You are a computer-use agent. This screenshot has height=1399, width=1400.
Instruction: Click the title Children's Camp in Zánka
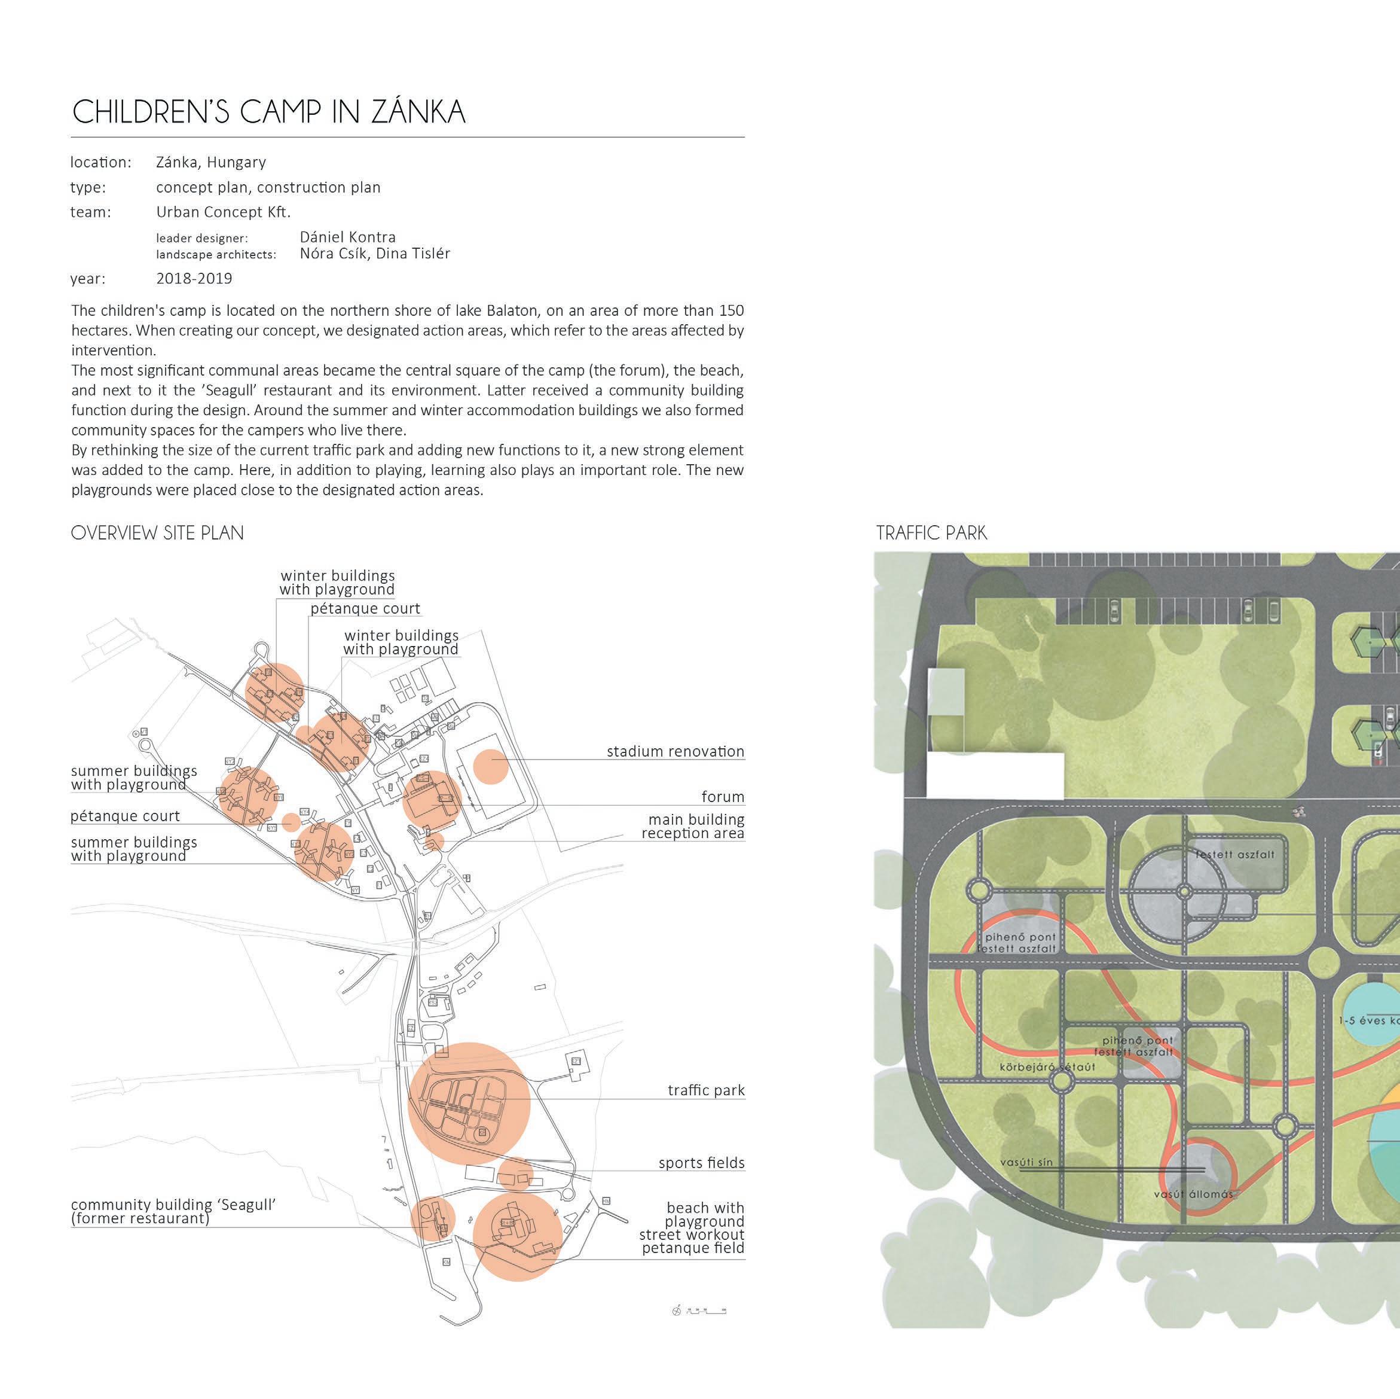[x=269, y=112]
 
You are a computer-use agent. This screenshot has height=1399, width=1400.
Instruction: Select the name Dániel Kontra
[x=348, y=237]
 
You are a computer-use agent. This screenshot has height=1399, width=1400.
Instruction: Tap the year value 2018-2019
[x=194, y=278]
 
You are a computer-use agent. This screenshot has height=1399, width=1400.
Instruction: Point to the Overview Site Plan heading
[x=157, y=533]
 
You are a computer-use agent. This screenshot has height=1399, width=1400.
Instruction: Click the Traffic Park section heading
[x=931, y=533]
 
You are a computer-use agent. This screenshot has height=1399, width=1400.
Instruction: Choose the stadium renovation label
[x=675, y=751]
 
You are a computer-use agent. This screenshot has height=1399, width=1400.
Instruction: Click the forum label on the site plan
[x=723, y=797]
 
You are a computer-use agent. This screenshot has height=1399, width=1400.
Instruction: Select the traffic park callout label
[x=706, y=1090]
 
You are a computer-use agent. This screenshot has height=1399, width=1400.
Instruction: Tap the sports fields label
[x=701, y=1163]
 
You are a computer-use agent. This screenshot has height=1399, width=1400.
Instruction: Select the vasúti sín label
[x=1026, y=1162]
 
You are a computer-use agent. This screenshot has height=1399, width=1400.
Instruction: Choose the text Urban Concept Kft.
[x=223, y=212]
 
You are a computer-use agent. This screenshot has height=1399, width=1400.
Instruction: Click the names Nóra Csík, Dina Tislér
[x=375, y=254]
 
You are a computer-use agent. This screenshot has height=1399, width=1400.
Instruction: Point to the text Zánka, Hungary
[x=211, y=162]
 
